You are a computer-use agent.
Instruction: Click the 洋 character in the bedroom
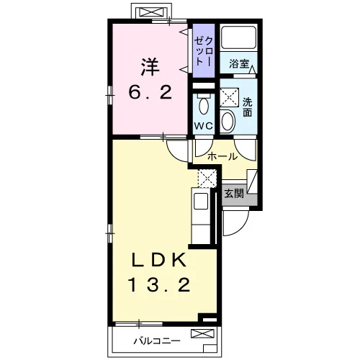point(150,67)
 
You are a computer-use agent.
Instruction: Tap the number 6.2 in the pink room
point(150,93)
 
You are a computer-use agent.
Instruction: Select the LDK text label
point(158,260)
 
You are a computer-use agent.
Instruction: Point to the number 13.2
point(160,284)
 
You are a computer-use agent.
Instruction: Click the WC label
point(204,126)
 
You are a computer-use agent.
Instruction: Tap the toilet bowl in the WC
point(204,106)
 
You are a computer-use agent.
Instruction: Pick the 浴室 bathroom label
point(239,63)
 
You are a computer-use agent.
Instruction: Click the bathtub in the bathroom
point(239,37)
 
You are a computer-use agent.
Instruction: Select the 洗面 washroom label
point(248,107)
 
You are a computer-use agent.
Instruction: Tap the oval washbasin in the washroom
point(228,122)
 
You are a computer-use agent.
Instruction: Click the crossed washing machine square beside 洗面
point(230,97)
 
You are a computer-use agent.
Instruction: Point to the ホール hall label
point(222,157)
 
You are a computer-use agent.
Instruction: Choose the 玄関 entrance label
point(234,194)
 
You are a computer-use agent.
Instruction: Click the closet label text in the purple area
point(204,51)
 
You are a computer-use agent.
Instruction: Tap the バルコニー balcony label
point(157,341)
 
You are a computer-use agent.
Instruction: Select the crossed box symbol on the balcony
point(202,333)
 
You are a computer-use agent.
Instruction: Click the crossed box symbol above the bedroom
point(151,12)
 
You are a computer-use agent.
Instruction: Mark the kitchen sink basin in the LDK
point(201,201)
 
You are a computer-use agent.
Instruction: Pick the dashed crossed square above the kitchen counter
point(207,178)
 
